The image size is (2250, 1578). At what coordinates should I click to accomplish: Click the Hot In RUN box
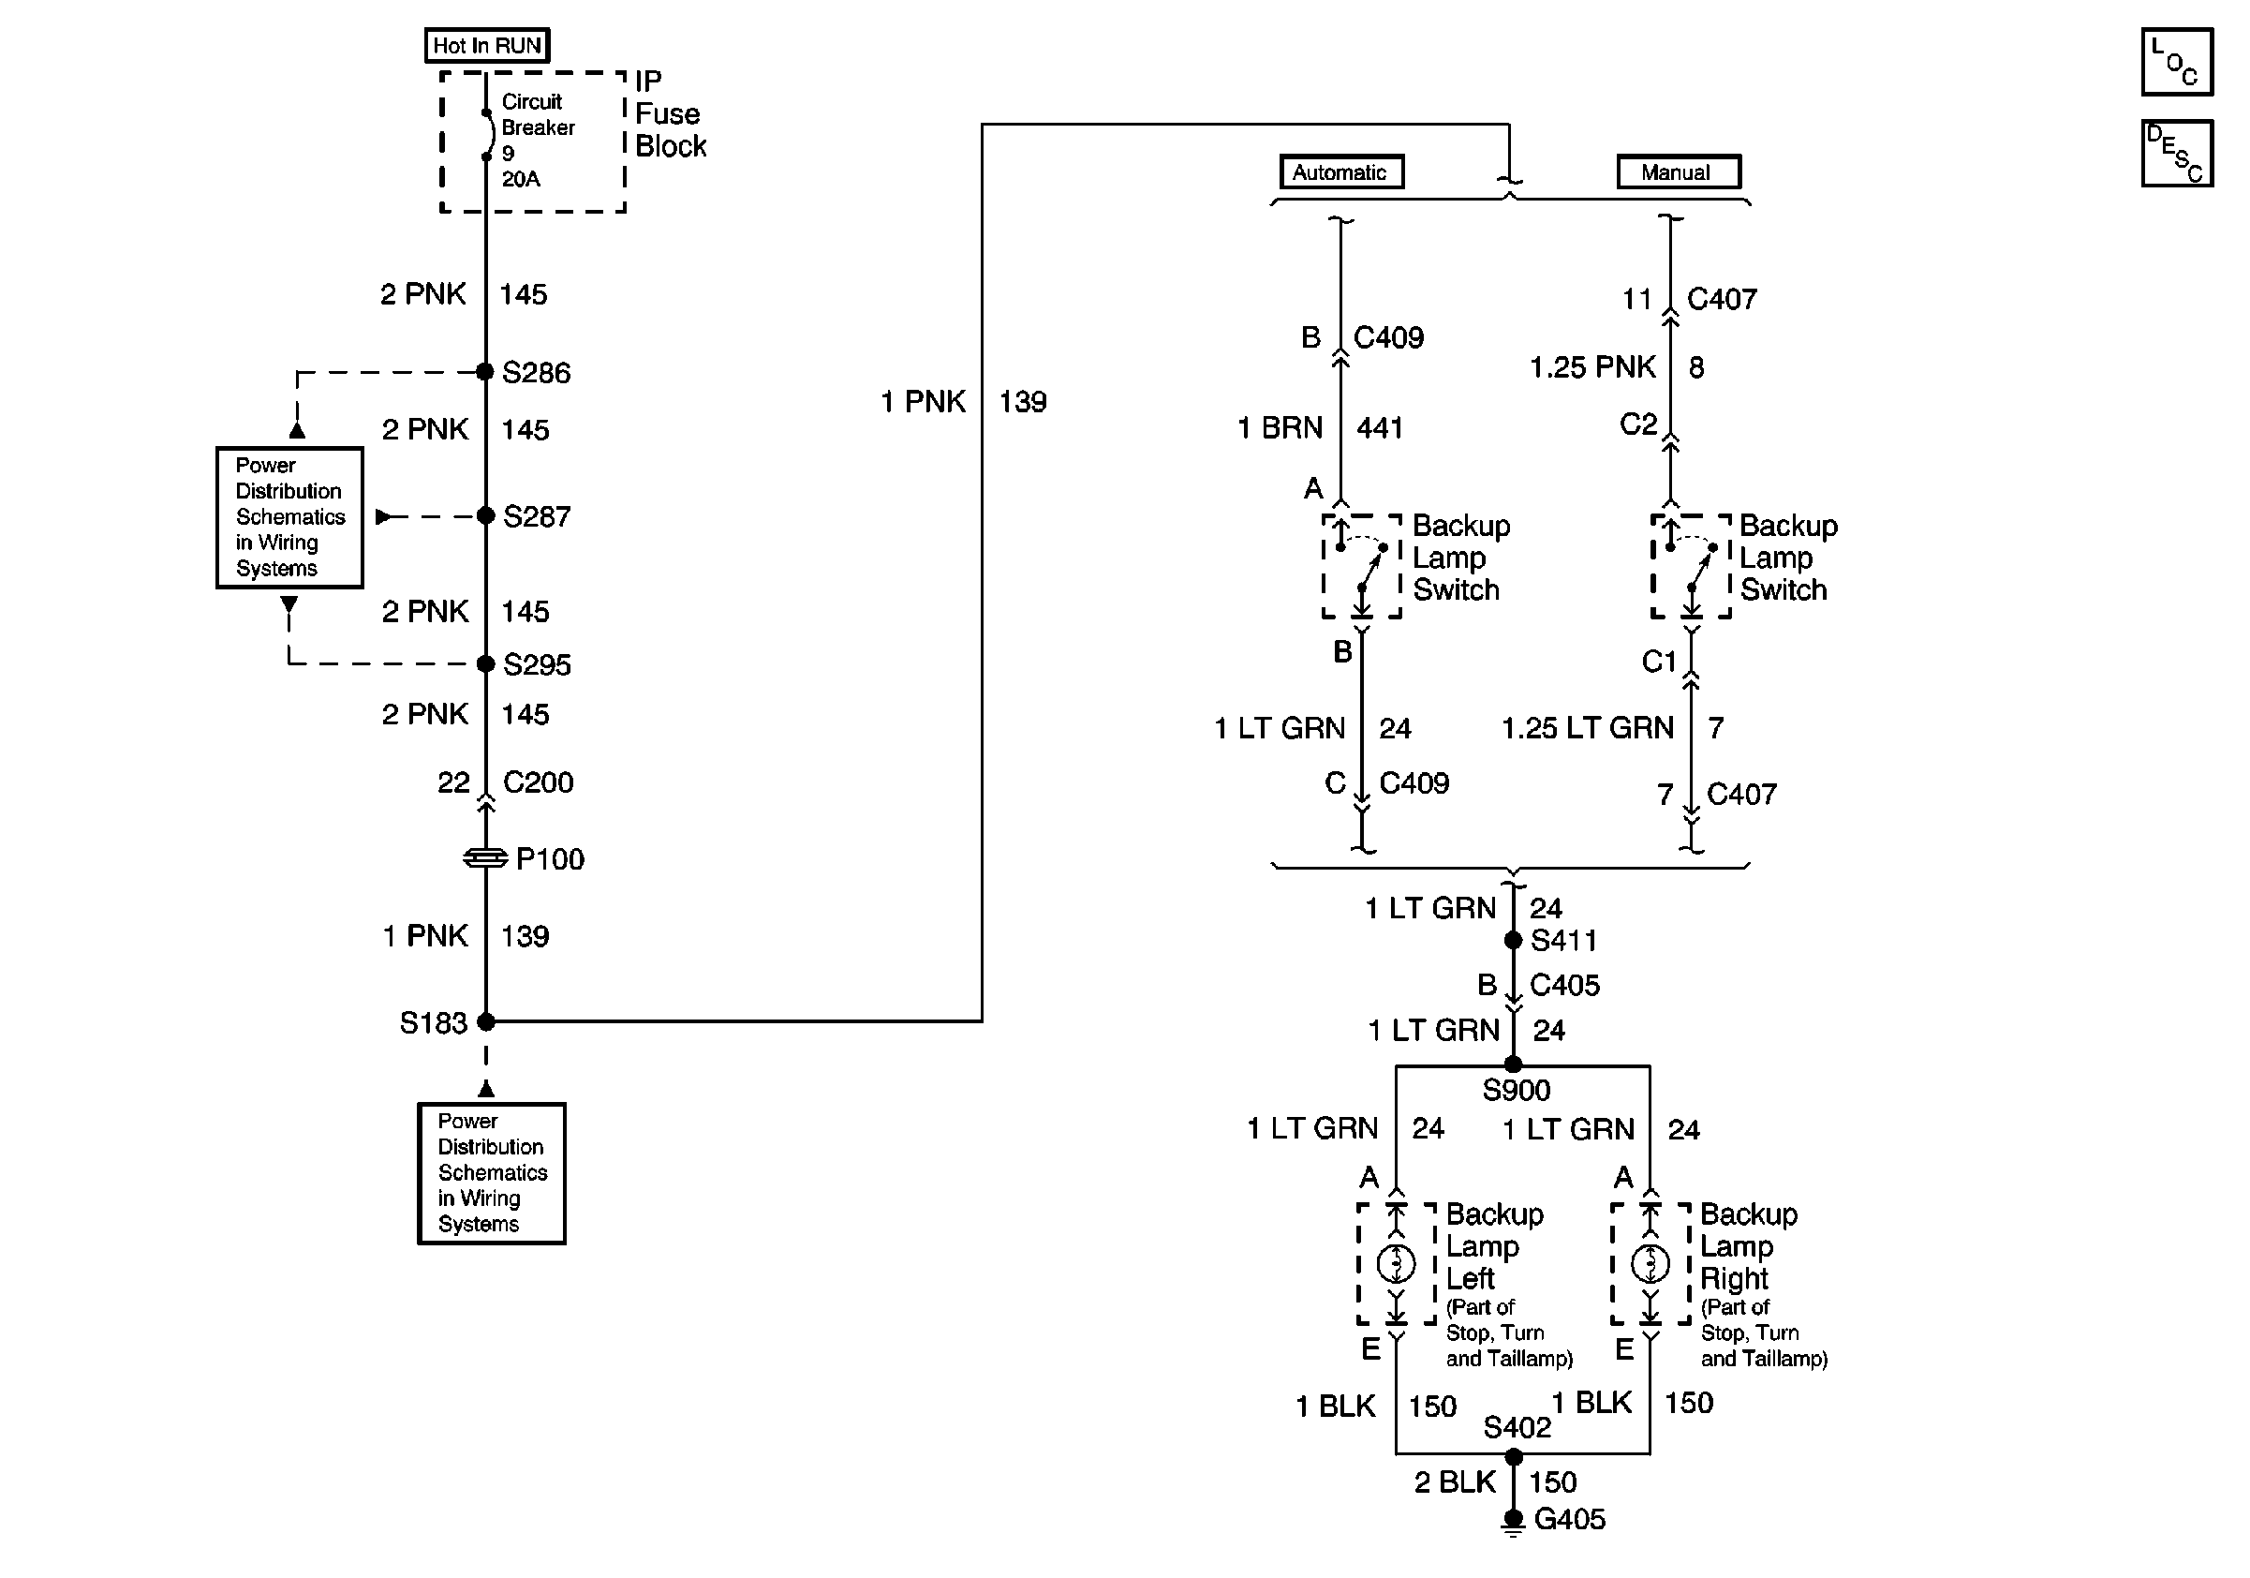click(x=486, y=45)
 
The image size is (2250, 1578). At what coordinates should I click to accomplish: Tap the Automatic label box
click(x=1340, y=172)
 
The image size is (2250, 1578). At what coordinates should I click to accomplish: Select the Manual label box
click(x=1677, y=172)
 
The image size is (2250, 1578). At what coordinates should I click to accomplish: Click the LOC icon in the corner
click(x=2177, y=63)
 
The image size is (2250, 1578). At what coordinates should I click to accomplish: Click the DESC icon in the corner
click(x=2177, y=153)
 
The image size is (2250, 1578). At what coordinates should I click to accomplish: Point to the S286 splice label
click(x=535, y=372)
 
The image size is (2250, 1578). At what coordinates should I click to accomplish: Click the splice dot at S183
click(x=486, y=1021)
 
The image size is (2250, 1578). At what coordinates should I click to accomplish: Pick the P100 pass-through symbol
click(x=485, y=858)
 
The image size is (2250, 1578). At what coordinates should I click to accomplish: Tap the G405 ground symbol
click(x=1513, y=1521)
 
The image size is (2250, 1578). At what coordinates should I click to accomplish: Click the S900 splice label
click(x=1516, y=1090)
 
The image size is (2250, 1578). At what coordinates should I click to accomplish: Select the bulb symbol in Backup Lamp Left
click(x=1397, y=1263)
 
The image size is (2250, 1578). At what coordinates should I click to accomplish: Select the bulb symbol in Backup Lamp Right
click(x=1650, y=1263)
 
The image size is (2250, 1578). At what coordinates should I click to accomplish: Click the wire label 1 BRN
click(x=1279, y=428)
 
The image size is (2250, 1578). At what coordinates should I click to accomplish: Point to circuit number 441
click(x=1380, y=428)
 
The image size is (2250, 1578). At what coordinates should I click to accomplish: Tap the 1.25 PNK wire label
click(x=1591, y=367)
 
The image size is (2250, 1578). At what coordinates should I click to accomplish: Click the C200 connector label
click(x=538, y=782)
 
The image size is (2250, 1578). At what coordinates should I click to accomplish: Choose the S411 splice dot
click(x=1513, y=940)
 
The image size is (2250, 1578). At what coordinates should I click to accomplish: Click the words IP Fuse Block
click(x=671, y=113)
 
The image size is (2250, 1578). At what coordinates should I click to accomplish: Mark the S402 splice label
click(x=1516, y=1427)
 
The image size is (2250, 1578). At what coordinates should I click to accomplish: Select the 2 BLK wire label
click(x=1455, y=1481)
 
